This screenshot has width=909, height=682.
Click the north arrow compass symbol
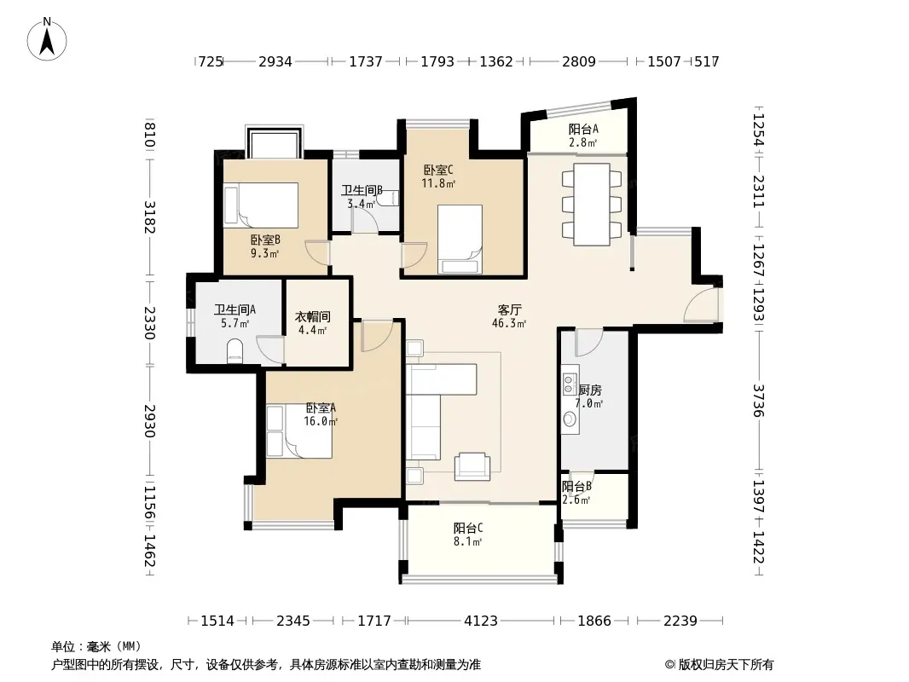47,39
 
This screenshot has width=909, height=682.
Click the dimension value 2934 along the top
275,61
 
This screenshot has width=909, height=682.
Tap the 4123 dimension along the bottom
481,621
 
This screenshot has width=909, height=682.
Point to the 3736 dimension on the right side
759,401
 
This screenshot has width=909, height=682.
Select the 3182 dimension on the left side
149,217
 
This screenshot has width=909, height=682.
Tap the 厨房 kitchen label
590,390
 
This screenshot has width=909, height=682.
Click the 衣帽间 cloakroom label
312,316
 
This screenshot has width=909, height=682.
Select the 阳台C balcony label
468,528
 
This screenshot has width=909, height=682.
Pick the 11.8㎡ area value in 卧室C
438,183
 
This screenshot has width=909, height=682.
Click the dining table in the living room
592,205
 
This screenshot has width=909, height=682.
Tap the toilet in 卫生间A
234,350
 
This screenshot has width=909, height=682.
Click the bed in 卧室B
261,205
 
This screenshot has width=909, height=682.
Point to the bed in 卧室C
460,239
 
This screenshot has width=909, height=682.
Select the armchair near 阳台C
472,465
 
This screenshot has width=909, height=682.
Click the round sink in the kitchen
570,419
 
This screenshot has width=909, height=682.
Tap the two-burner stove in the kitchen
570,384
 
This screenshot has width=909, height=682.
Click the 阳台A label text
583,130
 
